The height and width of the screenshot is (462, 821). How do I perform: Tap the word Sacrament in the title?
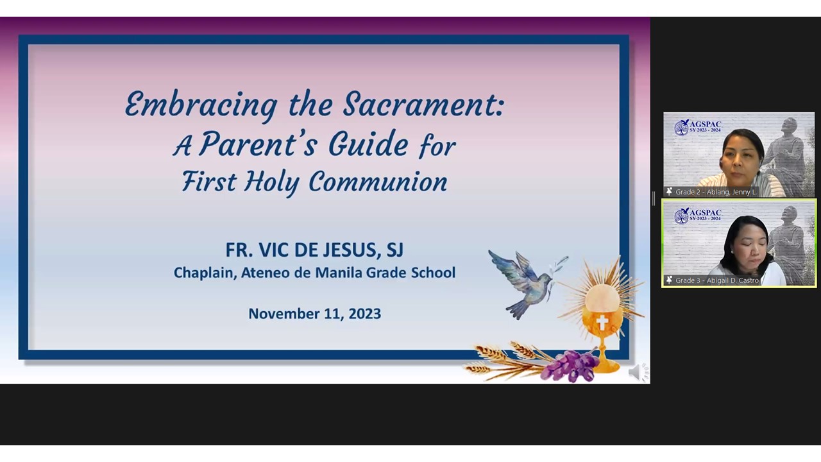coord(423,104)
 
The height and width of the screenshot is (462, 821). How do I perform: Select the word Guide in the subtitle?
coord(368,144)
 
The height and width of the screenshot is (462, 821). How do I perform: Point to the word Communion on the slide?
coord(378,182)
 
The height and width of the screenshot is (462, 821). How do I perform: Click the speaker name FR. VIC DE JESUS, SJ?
coord(314,250)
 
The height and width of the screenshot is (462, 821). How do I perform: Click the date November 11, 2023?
coord(314,314)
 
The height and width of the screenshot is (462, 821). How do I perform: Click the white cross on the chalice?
coord(602,323)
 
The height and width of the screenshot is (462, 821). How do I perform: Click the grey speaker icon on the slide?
coord(638,373)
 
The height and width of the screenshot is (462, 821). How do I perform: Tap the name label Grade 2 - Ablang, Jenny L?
coord(716,192)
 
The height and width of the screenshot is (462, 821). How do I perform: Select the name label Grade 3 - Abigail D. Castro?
coord(717,280)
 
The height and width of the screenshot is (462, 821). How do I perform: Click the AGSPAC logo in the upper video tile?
coord(698,127)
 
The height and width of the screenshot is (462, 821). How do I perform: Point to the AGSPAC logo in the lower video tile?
coord(698,216)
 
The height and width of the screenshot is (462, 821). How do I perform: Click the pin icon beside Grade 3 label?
coord(669,280)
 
